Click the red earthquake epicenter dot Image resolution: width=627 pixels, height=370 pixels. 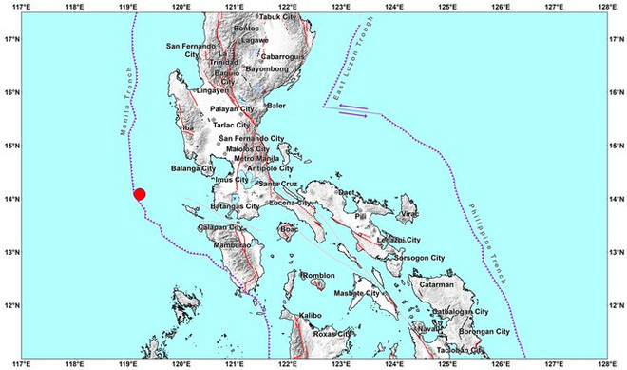pos(140,195)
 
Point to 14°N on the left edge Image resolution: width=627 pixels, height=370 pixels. pos(10,199)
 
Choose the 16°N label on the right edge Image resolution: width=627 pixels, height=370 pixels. pos(617,93)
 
